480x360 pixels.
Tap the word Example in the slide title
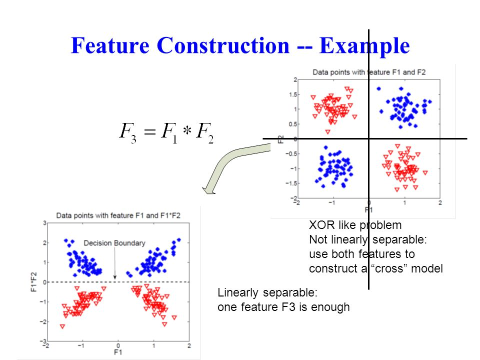(364, 46)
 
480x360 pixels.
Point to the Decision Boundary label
(114, 243)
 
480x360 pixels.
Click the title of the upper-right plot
(369, 72)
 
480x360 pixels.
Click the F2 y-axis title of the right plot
(281, 139)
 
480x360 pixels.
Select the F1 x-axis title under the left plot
(118, 352)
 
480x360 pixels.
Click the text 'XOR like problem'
(355, 225)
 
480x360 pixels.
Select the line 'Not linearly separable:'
(368, 239)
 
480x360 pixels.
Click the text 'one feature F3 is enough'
(283, 307)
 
